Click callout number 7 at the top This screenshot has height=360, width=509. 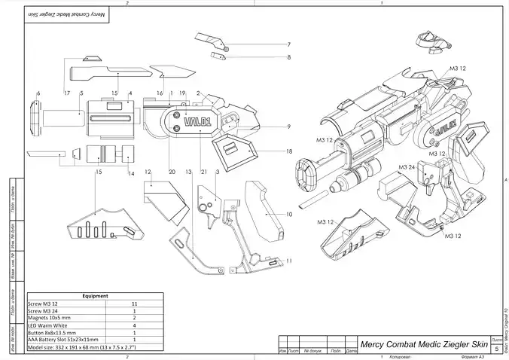[x=288, y=44]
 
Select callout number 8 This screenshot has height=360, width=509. [x=288, y=57]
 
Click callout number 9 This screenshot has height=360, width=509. [x=288, y=126]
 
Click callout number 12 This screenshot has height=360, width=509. [x=148, y=172]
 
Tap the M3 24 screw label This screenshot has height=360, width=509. [x=407, y=166]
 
